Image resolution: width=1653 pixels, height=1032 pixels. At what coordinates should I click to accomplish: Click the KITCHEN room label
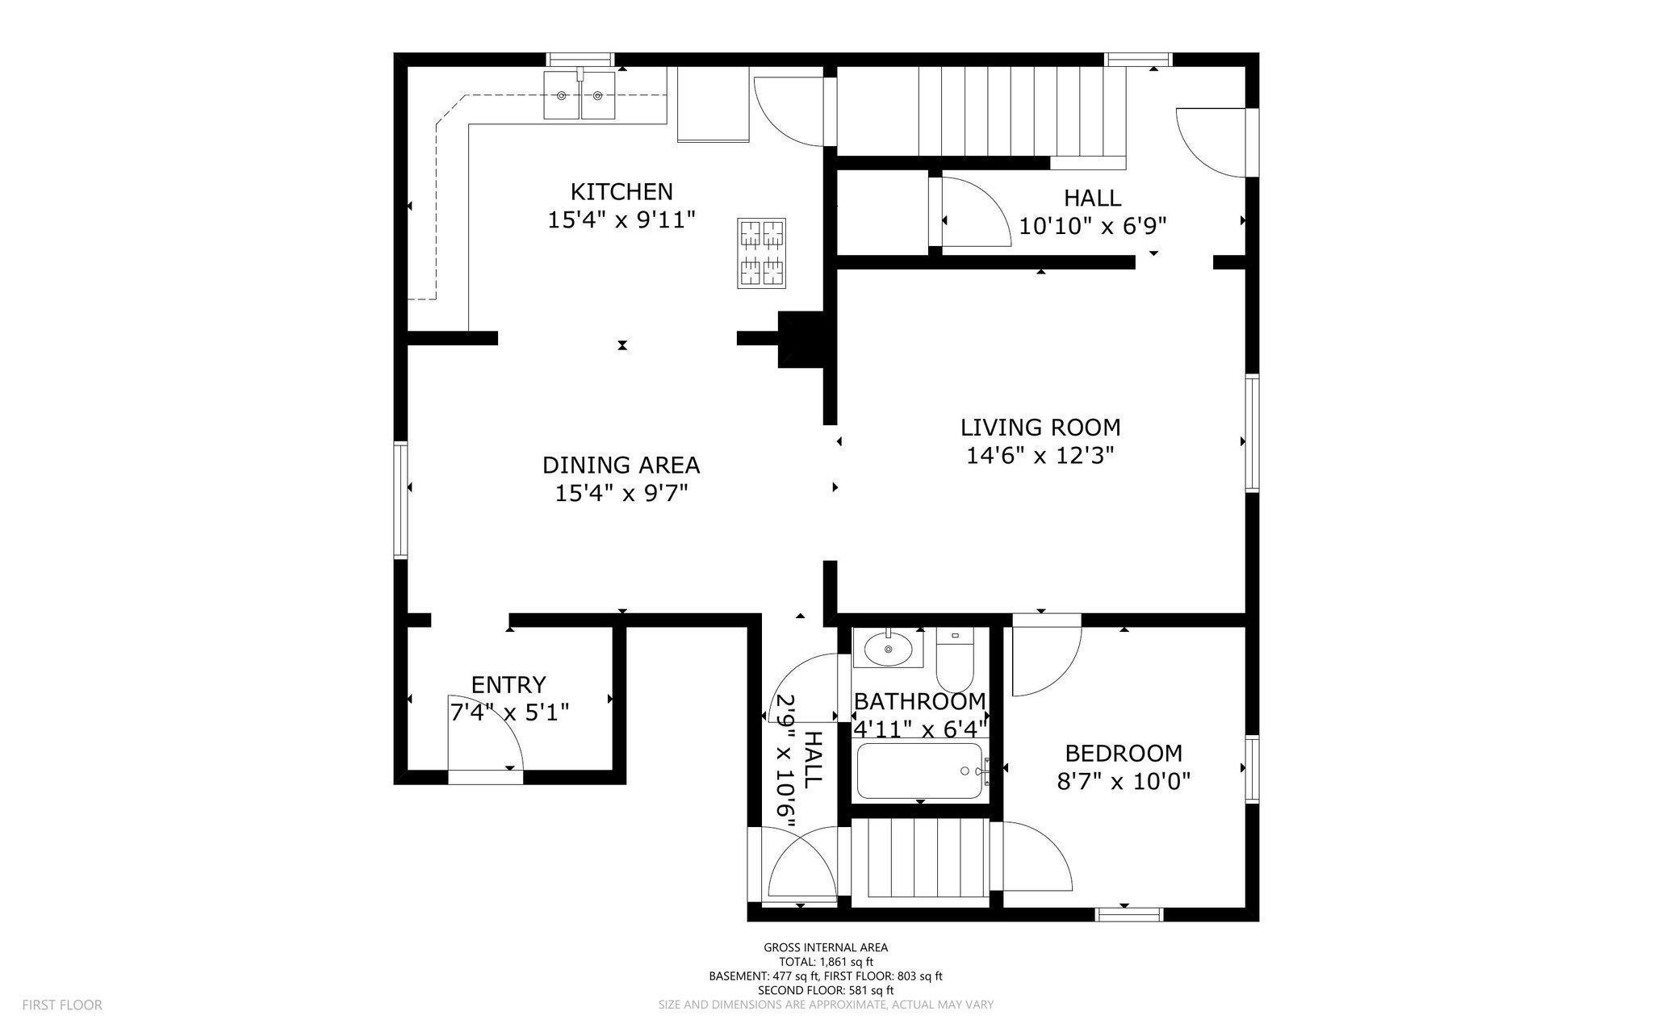click(x=621, y=192)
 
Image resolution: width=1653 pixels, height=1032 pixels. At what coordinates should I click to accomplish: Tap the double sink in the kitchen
click(x=580, y=94)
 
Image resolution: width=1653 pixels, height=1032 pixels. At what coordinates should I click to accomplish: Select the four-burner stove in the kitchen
click(x=761, y=253)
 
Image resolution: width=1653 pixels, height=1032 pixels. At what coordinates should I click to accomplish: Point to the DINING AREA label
click(x=621, y=466)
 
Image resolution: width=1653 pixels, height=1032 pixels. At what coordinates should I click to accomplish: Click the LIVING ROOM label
click(x=1040, y=427)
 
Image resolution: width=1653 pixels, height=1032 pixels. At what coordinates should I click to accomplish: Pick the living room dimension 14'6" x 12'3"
click(x=1040, y=456)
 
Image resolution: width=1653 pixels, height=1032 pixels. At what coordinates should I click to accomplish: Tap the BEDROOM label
click(x=1124, y=754)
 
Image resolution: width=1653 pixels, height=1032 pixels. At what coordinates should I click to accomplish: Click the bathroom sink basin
click(x=888, y=648)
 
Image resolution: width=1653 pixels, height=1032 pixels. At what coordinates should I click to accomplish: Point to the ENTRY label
click(x=508, y=685)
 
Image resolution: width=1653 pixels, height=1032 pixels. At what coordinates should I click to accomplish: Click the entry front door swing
click(x=486, y=731)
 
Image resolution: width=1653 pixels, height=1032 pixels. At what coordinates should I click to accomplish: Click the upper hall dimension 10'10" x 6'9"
click(x=1092, y=226)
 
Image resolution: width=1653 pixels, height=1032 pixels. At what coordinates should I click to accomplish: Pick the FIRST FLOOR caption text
click(x=62, y=1005)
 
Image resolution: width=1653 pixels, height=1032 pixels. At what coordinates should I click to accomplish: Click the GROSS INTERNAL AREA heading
click(x=826, y=947)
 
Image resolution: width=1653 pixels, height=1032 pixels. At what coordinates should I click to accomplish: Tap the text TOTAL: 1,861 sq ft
click(x=826, y=962)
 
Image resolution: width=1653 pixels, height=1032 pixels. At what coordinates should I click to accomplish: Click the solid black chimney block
click(x=799, y=340)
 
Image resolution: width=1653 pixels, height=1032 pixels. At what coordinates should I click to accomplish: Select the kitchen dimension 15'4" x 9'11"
click(x=621, y=220)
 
